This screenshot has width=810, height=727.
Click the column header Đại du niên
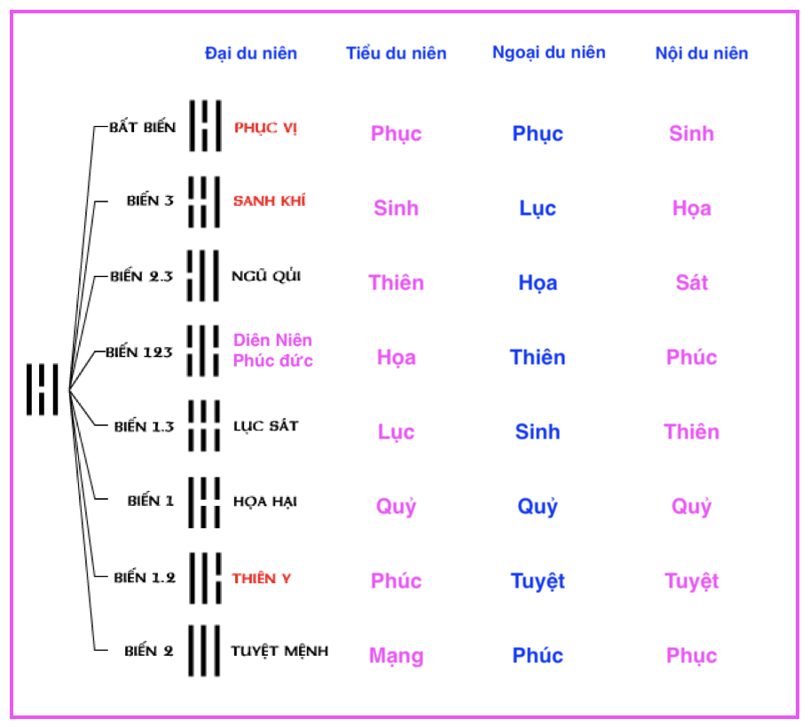251,53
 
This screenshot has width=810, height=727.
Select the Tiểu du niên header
397,53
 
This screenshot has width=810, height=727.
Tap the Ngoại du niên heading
549,52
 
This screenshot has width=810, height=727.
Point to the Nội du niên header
702,53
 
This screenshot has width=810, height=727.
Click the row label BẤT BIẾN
142,127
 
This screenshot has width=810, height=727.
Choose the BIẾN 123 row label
139,352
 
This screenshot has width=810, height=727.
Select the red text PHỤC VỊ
265,128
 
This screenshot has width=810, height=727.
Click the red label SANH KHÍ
269,202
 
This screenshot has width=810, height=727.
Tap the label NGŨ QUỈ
266,276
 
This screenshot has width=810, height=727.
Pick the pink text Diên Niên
273,340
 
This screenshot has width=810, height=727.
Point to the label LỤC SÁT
264,426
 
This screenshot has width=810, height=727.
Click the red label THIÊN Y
262,579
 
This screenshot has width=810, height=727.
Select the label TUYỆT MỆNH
279,652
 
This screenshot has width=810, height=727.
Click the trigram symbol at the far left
42,389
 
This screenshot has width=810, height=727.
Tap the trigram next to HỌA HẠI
204,502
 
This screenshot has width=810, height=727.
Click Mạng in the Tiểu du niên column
397,656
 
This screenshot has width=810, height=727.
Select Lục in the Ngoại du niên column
538,209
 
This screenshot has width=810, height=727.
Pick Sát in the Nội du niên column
692,283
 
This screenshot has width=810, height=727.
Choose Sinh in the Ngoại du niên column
538,432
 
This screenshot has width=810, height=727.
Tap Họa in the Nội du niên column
692,209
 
